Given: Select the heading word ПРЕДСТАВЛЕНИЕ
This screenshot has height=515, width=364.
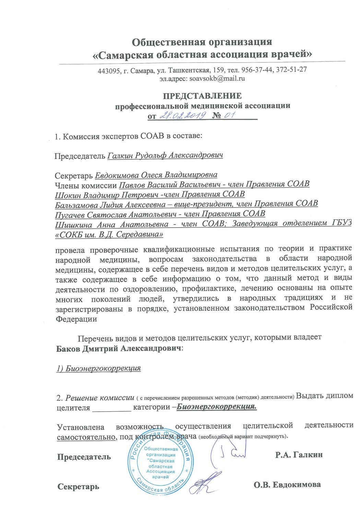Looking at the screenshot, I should pos(202,96).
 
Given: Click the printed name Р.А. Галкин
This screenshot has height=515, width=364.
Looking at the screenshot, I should pos(299,455).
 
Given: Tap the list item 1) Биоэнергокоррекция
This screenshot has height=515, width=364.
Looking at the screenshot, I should pos(99,368).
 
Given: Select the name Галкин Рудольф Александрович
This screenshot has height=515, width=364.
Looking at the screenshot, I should pos(165,156).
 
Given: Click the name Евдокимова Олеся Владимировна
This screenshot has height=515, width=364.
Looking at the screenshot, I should pos(156,175).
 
